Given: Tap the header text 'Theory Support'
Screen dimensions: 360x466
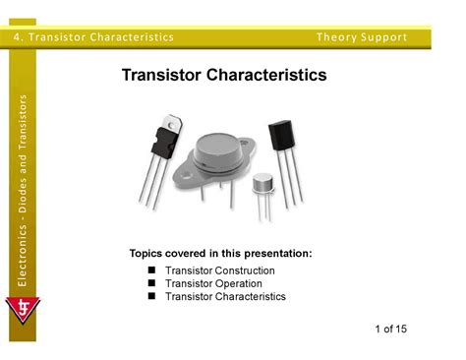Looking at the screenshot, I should point(361,37).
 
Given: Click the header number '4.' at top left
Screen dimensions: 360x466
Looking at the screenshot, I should point(20,37).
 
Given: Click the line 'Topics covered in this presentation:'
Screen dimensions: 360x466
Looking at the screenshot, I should point(221,254).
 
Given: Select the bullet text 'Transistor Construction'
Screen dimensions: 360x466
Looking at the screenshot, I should point(220,270).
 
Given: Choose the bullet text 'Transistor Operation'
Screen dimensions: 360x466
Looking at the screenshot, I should point(213,283).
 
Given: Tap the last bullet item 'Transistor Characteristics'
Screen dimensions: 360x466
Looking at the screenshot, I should point(225,296).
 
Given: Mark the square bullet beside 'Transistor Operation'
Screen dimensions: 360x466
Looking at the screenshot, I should point(151,283).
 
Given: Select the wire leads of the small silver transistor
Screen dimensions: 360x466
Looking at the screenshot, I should point(262,209).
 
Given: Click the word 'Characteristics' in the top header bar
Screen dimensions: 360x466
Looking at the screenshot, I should point(131,37).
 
